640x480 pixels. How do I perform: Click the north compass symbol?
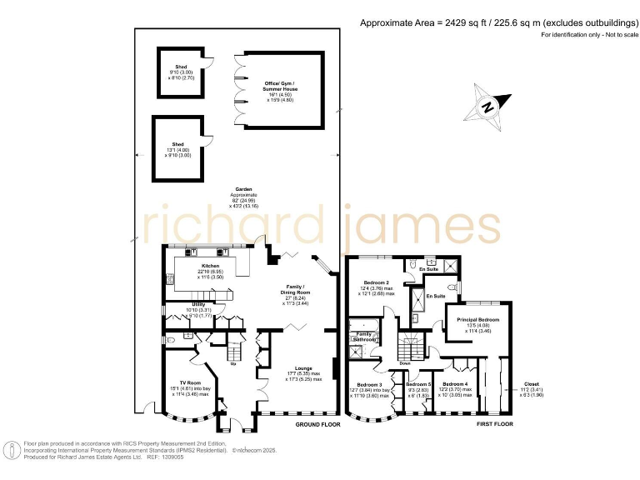coord(488,106)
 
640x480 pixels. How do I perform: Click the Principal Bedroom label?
coord(478,320)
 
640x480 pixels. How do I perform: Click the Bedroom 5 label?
coord(418,383)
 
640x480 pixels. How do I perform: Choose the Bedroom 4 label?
coord(456,383)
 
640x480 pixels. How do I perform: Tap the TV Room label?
coord(192,359)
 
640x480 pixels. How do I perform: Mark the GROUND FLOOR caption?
coord(319,424)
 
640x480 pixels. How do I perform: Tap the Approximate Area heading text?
coord(497,23)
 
